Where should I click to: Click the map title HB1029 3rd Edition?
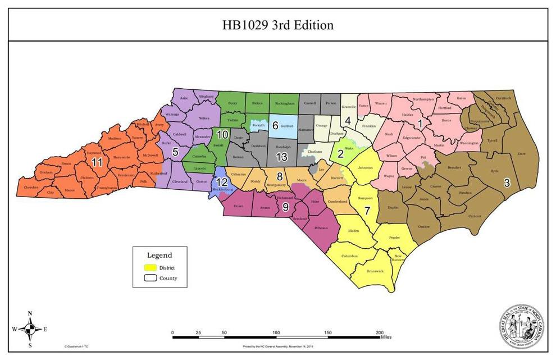277,25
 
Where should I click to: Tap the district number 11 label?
97,162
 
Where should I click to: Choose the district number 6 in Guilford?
275,125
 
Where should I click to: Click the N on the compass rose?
30,313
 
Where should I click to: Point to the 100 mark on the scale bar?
276,332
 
